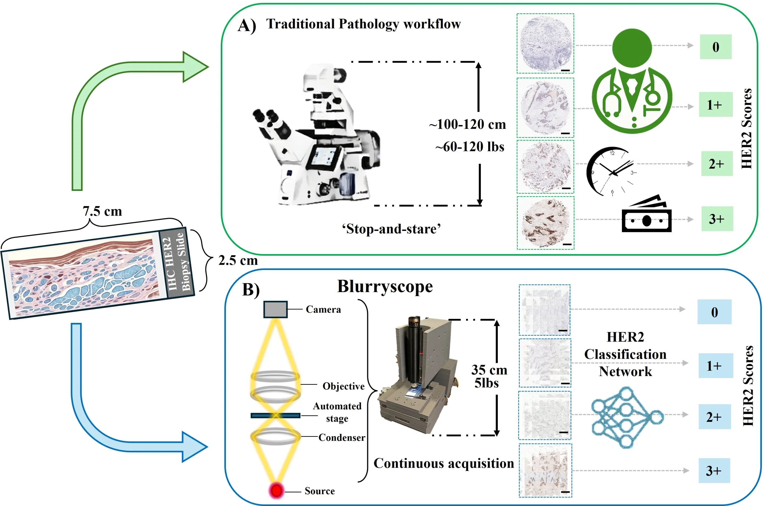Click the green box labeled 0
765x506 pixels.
[715, 47]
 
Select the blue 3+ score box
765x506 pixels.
[714, 470]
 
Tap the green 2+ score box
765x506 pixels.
[717, 164]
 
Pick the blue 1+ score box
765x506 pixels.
[714, 366]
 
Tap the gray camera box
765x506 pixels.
[275, 309]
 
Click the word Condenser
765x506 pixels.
[342, 438]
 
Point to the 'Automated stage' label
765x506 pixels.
[337, 412]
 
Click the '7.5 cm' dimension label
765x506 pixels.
[103, 211]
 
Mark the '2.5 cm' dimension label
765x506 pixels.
[238, 260]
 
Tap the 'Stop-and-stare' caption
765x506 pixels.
[391, 229]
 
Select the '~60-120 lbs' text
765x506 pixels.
[470, 147]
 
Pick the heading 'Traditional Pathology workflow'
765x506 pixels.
[363, 24]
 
